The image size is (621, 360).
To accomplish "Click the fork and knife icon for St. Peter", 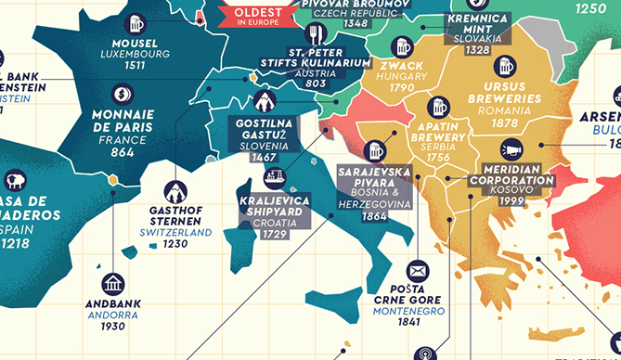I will [x=318, y=34].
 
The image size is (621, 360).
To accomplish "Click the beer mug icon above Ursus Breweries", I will [x=504, y=66].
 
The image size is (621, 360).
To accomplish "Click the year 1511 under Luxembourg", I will [x=136, y=67].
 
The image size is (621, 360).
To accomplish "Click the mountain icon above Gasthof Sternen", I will [x=175, y=191].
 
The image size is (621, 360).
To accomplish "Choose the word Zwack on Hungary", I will [x=401, y=67].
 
